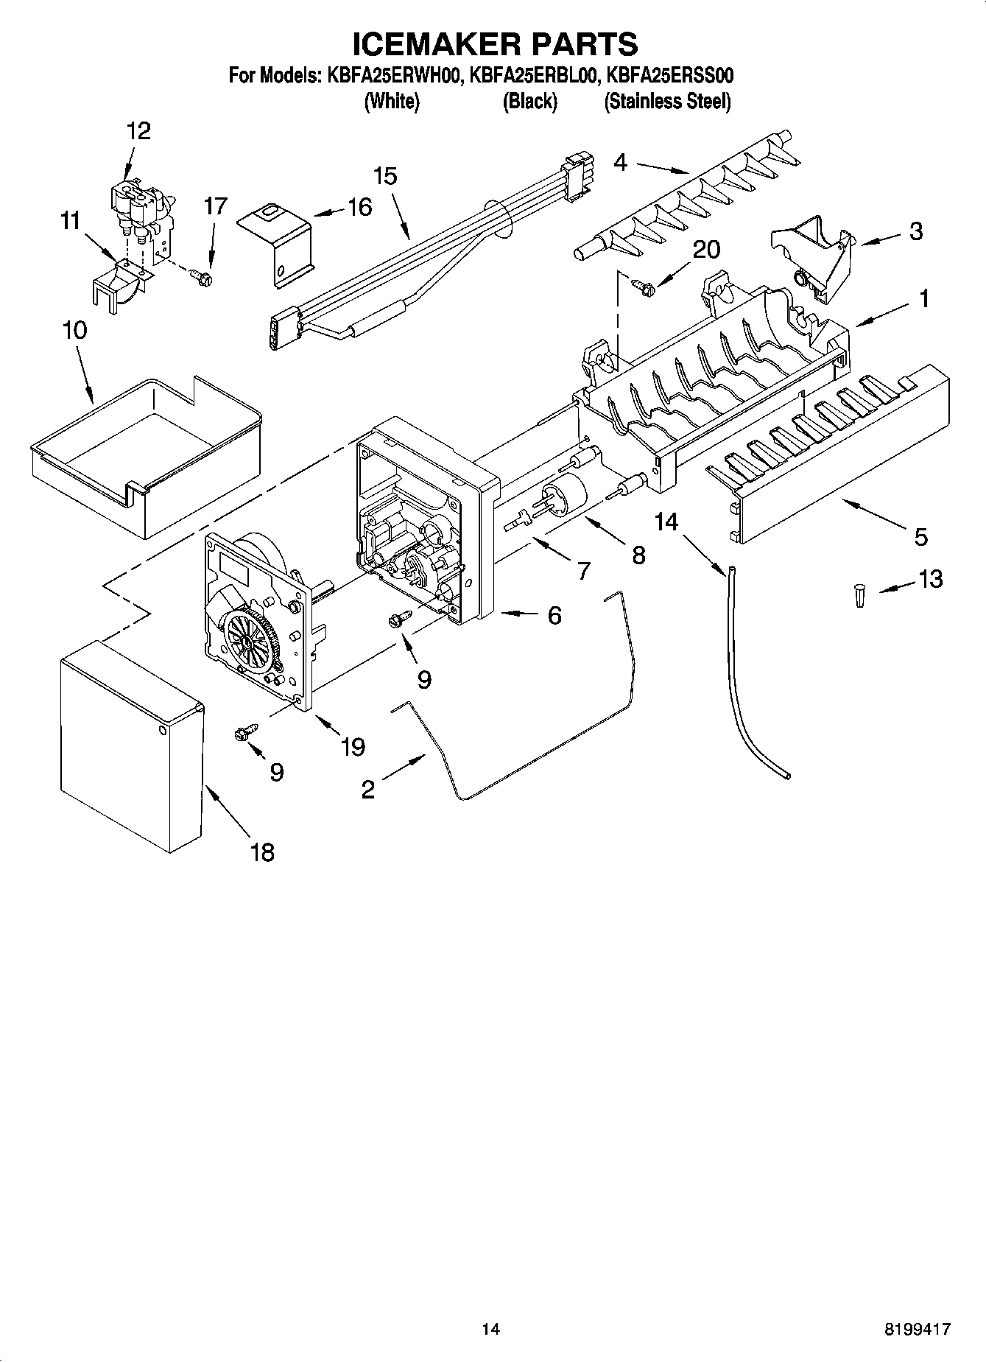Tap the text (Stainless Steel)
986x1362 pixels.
click(x=667, y=101)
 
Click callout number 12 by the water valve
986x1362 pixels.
click(x=138, y=131)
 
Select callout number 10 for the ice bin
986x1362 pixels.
click(x=74, y=331)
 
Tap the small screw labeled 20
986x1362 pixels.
click(x=641, y=287)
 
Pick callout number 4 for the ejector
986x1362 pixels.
click(x=620, y=162)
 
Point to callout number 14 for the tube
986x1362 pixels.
click(x=666, y=522)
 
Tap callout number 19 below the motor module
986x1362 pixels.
click(x=353, y=746)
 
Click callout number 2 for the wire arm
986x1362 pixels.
click(x=367, y=790)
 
